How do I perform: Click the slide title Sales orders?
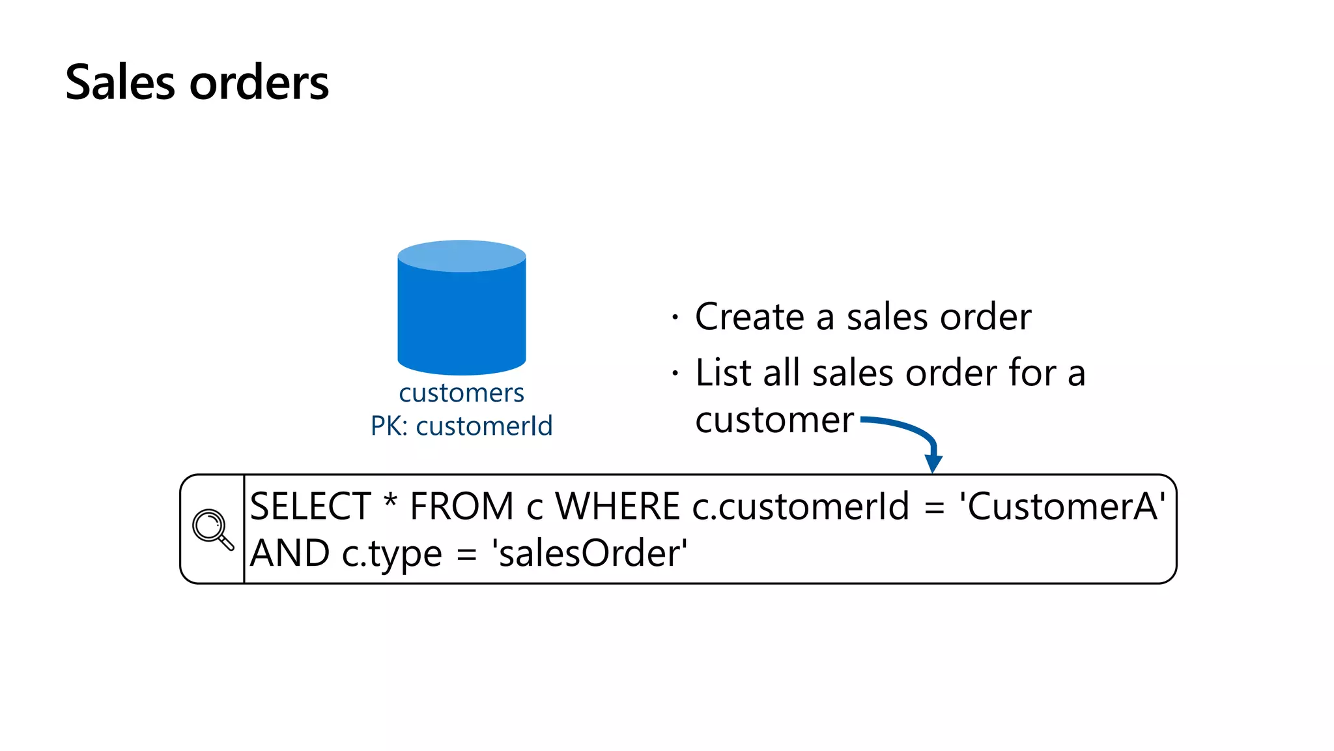click(x=197, y=83)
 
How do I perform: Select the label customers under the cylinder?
click(x=461, y=393)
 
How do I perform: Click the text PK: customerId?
click(x=461, y=426)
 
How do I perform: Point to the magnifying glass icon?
click(x=212, y=529)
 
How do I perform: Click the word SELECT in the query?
click(x=310, y=507)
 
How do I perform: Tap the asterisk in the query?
click(x=390, y=503)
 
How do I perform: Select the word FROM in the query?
click(x=462, y=507)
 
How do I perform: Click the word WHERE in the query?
click(x=617, y=507)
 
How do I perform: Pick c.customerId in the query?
click(x=800, y=507)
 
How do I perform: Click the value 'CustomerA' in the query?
click(x=1062, y=507)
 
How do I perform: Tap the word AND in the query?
click(x=290, y=553)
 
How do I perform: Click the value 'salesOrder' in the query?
click(x=590, y=553)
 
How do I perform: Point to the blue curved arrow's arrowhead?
click(x=933, y=463)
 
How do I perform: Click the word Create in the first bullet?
click(x=750, y=317)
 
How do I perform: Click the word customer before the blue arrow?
click(x=774, y=420)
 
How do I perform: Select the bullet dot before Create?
click(x=675, y=317)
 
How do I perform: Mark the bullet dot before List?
click(x=675, y=374)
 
